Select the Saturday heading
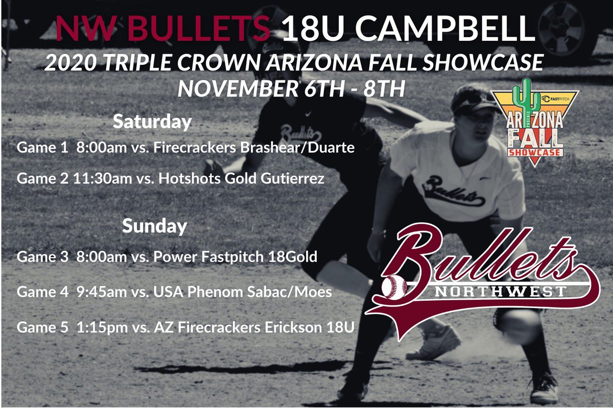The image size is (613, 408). click(152, 122)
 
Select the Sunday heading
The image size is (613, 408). click(154, 226)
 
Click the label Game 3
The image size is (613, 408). click(42, 256)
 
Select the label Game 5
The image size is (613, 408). click(42, 326)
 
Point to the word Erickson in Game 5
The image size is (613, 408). click(288, 326)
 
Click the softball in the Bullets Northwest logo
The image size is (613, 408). click(394, 288)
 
